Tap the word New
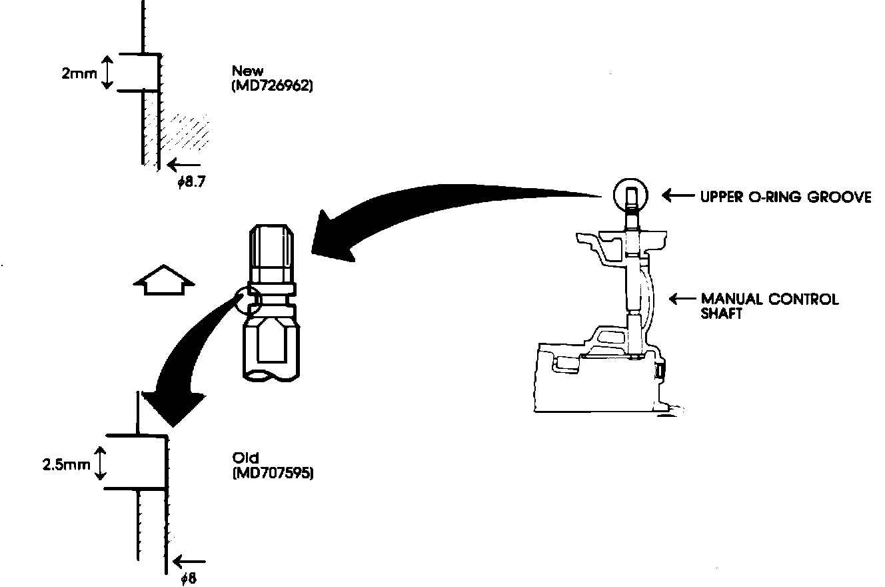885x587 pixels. click(247, 70)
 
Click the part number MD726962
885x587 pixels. click(273, 87)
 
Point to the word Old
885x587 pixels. click(245, 458)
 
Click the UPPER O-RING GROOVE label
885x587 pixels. click(785, 197)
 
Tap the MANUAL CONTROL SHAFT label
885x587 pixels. click(769, 306)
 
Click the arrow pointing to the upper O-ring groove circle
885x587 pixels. click(678, 196)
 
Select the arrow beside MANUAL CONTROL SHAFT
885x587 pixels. click(682, 299)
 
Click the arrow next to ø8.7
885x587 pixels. click(183, 164)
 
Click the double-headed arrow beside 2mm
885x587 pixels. click(107, 73)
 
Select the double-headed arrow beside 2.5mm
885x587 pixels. click(100, 463)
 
